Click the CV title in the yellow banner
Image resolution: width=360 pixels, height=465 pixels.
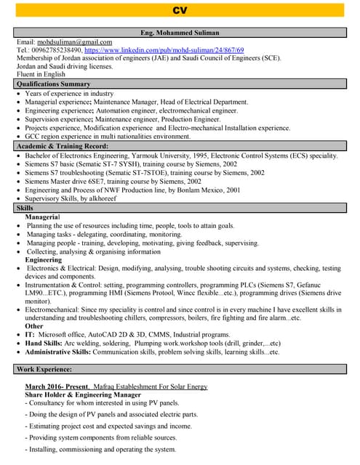(180, 10)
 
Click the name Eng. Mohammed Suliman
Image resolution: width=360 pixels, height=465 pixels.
(180, 33)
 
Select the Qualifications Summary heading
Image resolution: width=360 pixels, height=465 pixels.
(53, 84)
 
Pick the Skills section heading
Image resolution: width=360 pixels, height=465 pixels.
(25, 209)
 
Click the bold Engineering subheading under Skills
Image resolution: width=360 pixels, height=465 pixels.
(44, 259)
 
